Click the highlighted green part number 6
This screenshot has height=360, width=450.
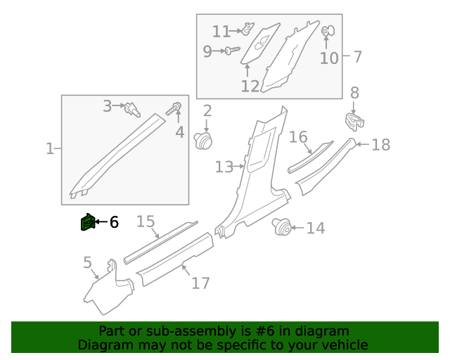click(x=87, y=223)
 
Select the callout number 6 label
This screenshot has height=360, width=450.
click(x=113, y=223)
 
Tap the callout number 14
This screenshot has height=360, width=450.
click(x=316, y=228)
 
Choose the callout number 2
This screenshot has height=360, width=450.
click(x=207, y=110)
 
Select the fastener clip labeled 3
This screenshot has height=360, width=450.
click(x=131, y=108)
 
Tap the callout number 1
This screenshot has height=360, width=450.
click(x=50, y=149)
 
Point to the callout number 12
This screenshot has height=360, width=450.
click(x=250, y=86)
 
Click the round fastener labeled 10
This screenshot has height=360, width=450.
click(x=327, y=32)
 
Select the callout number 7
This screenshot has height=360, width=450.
click(x=356, y=57)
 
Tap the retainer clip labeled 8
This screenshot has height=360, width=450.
click(x=356, y=121)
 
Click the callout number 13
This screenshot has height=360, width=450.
click(x=224, y=167)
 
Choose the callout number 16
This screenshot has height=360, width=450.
click(x=299, y=136)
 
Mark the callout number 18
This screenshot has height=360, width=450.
click(x=380, y=145)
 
